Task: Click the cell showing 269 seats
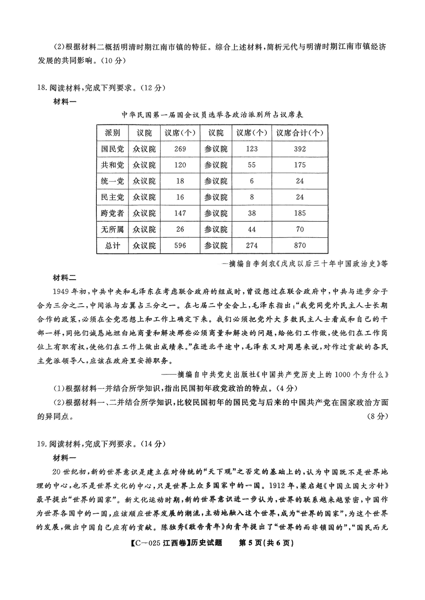(x=180, y=149)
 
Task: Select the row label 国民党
(x=112, y=149)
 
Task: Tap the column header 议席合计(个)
(x=299, y=133)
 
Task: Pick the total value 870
(x=299, y=245)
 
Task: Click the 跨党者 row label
(x=112, y=213)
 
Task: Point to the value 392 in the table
(x=299, y=149)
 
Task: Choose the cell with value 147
(x=180, y=213)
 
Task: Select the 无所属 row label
(x=112, y=229)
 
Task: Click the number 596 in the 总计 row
(x=180, y=245)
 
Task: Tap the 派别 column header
(x=112, y=133)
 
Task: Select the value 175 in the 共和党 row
(x=299, y=165)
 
